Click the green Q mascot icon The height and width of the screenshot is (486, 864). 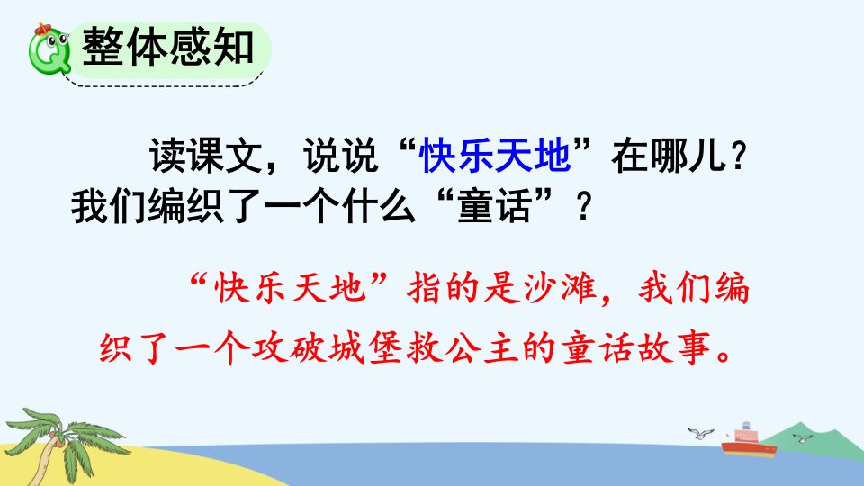point(49,49)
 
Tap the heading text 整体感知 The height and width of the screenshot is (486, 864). point(168,47)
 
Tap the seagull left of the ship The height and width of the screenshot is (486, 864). point(700,433)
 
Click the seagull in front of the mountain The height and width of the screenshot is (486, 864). point(802,438)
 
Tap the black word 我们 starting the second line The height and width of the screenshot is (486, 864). point(109,207)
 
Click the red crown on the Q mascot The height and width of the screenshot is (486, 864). point(42,28)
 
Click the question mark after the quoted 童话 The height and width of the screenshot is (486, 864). point(583,207)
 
